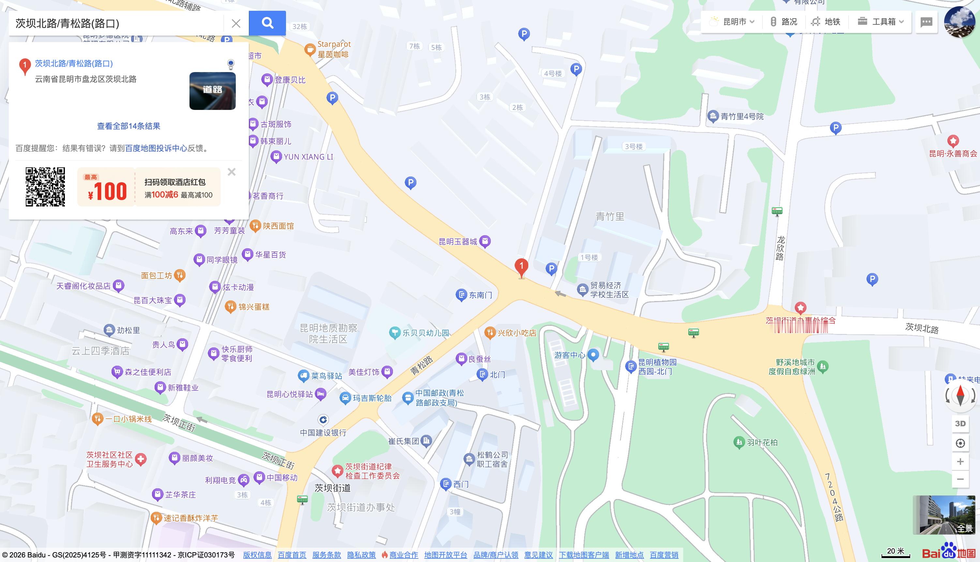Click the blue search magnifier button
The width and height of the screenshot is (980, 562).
click(267, 23)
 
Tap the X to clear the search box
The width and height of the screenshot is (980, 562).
click(236, 23)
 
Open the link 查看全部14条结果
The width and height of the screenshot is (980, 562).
click(128, 126)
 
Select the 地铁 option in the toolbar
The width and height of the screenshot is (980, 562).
click(826, 22)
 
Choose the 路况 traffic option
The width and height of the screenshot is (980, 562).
click(784, 22)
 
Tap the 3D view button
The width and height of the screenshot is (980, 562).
click(960, 424)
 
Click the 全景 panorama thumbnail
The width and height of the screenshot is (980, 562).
click(943, 514)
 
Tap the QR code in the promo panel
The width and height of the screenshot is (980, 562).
click(45, 187)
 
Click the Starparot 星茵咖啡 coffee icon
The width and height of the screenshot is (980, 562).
click(310, 49)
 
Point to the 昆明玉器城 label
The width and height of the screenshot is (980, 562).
click(458, 242)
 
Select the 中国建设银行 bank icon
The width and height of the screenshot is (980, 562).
click(323, 419)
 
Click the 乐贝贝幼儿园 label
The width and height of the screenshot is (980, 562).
click(426, 333)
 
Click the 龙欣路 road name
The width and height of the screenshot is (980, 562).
click(780, 248)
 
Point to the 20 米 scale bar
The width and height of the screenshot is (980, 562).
click(895, 553)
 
